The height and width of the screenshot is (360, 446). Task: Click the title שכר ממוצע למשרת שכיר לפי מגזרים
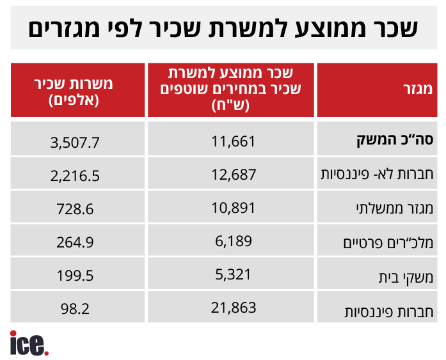coord(223,27)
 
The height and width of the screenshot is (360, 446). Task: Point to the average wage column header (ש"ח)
coord(232,89)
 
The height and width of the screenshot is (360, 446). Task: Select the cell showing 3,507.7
coord(75,141)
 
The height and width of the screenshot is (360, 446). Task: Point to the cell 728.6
coord(76,208)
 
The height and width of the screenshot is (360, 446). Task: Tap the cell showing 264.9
coord(76,242)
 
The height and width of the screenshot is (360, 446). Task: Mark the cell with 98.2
coord(76,309)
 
